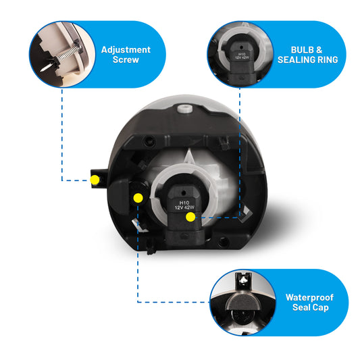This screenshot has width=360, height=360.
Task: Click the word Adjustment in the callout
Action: (126, 49)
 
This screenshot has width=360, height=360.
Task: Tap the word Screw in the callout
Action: (126, 59)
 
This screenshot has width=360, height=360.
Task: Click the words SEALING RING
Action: (307, 59)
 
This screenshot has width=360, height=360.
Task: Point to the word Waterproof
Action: (309, 297)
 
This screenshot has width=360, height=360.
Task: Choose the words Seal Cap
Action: (311, 307)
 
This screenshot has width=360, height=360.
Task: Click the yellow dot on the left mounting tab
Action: (95, 180)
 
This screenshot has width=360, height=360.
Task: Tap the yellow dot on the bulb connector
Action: (190, 217)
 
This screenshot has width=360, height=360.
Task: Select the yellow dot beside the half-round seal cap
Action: (138, 198)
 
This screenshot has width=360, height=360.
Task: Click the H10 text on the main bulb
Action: (184, 203)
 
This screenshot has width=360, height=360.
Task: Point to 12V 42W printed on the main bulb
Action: (184, 207)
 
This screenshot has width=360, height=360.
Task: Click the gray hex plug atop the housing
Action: (184, 108)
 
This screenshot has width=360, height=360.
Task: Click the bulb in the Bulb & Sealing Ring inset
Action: (241, 61)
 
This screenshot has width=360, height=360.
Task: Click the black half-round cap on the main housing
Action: (118, 196)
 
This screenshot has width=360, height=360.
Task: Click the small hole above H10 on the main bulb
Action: (183, 192)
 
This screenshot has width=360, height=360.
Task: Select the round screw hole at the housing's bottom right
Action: (223, 242)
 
